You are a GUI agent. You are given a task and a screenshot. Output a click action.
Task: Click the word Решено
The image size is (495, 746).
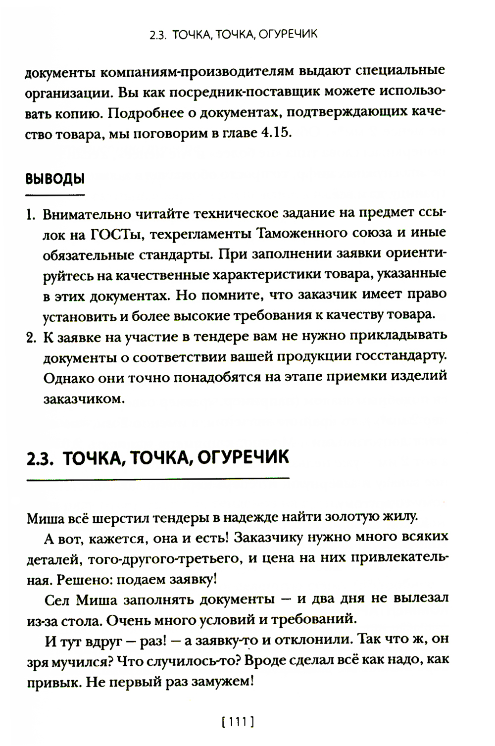point(79,578)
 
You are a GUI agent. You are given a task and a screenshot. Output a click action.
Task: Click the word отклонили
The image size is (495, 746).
point(310,639)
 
